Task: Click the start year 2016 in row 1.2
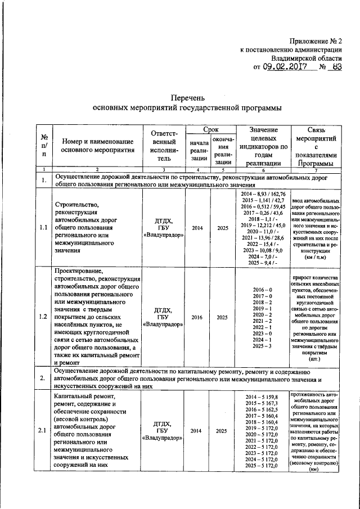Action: (197, 317)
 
